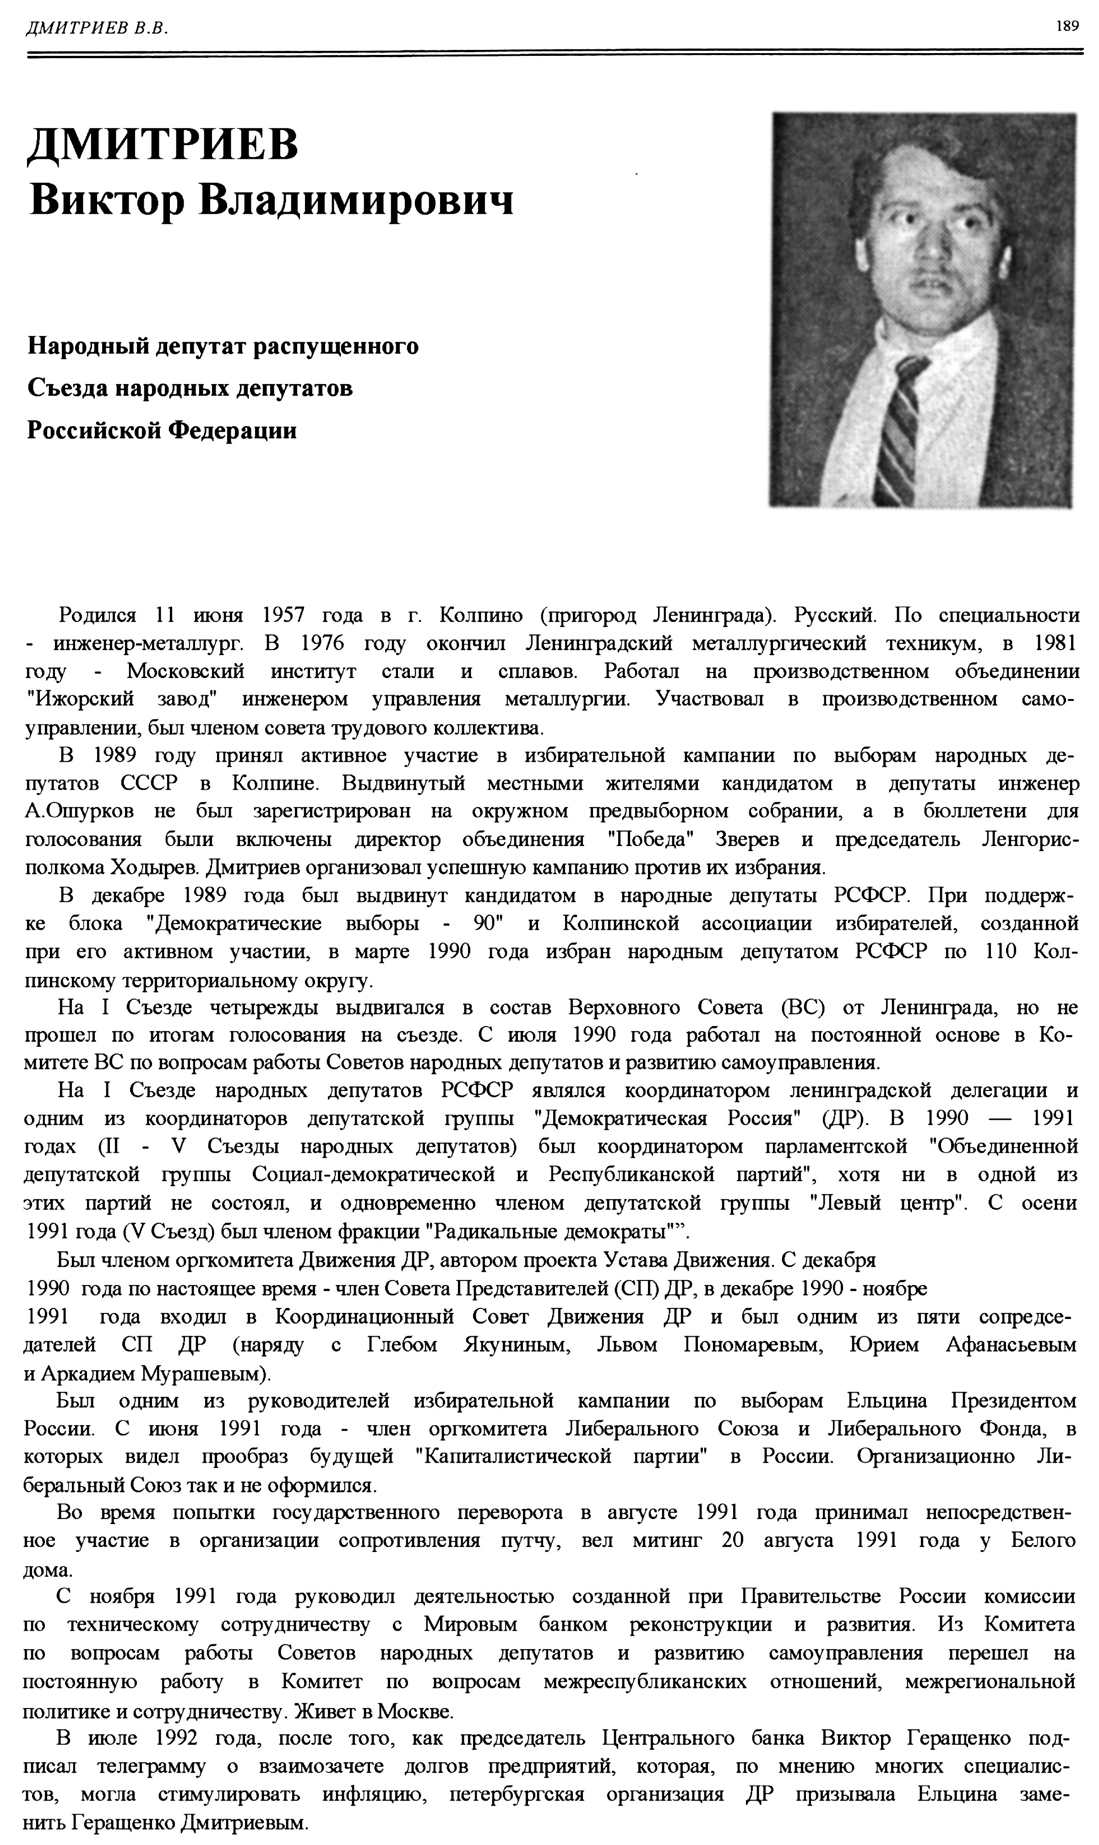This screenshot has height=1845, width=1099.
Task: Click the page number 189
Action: click(x=1067, y=27)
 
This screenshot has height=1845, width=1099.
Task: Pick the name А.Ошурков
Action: click(x=79, y=811)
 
